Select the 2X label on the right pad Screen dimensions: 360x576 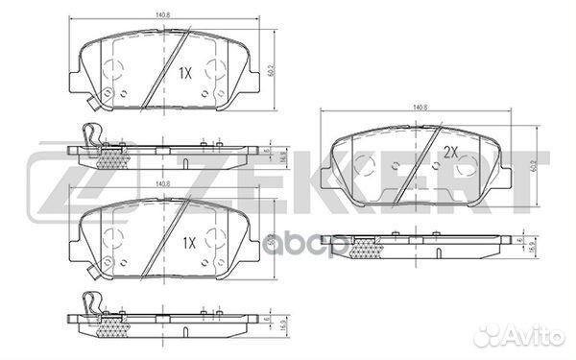(x=450, y=152)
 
